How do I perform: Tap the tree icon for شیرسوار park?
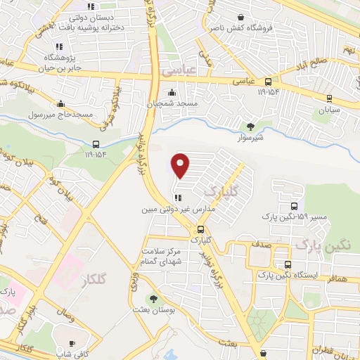[x=251, y=127]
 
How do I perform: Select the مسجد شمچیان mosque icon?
[x=172, y=92]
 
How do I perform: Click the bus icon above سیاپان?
[x=328, y=98]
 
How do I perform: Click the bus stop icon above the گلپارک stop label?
[x=201, y=229]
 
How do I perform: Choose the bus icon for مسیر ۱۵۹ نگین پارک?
[x=294, y=207]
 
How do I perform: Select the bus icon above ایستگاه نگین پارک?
[x=287, y=264]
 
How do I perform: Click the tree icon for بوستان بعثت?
[x=154, y=299]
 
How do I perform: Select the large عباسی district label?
[x=176, y=72]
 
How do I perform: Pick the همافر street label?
[x=337, y=279]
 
